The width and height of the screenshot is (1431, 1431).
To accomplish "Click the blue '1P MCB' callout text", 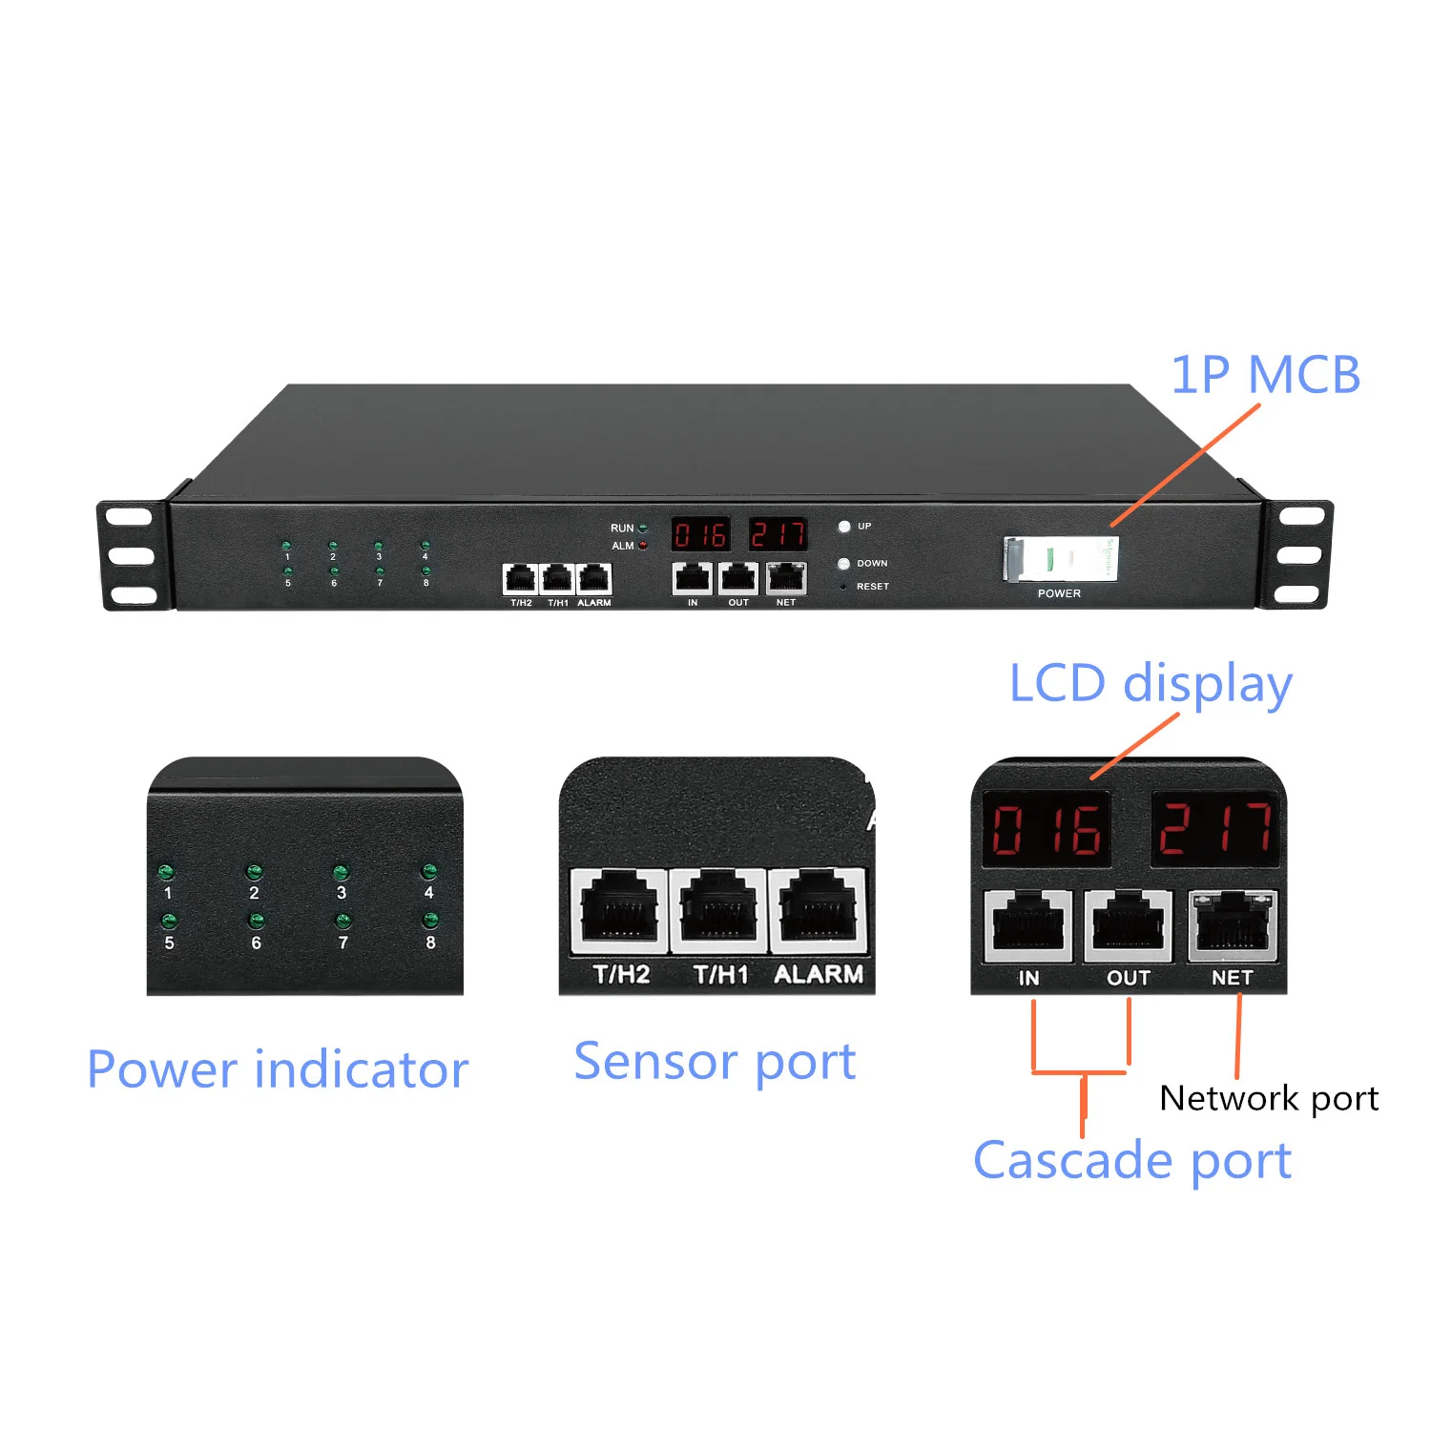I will [x=1265, y=374].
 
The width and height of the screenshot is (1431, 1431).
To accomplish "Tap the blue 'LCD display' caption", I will [x=1151, y=684].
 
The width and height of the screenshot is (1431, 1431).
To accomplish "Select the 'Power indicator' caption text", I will [x=278, y=1069].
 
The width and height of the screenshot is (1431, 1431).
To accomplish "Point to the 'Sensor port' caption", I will [x=715, y=1062].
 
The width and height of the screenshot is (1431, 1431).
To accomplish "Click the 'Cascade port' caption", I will [x=1131, y=1161].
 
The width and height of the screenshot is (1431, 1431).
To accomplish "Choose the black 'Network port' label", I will [x=1269, y=1098].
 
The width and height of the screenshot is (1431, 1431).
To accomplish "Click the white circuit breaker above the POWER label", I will [x=1061, y=559].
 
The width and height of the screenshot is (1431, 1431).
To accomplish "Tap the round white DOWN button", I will [x=843, y=564].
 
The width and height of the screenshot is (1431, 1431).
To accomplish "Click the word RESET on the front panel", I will [x=872, y=587].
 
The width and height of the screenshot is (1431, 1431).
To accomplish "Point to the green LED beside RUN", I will [x=643, y=528].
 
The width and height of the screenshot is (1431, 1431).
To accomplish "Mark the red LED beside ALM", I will [x=643, y=546].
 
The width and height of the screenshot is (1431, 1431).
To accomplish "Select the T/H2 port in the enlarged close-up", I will [x=619, y=911].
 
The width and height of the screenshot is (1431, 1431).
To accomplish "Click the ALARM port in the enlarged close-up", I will [x=817, y=911].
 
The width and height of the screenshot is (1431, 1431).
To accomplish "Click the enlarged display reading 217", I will [x=1214, y=828].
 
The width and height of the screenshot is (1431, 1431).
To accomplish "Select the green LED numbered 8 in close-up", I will [x=430, y=920].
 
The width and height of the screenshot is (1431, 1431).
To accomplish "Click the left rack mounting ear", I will [x=131, y=555].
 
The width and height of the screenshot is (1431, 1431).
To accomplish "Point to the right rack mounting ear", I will [x=1298, y=555].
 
